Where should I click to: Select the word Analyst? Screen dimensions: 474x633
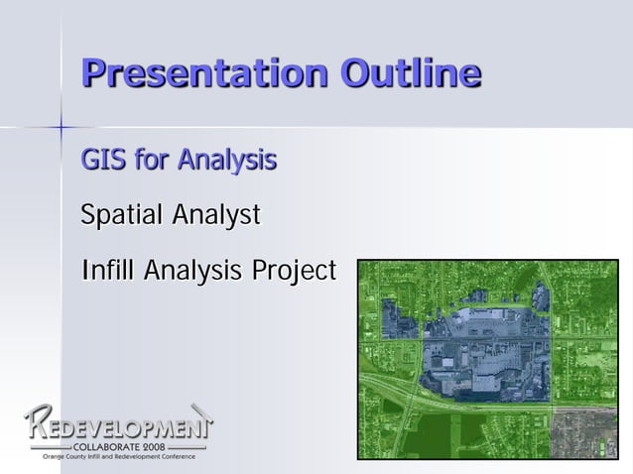point(216,214)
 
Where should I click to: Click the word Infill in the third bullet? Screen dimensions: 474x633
point(108,270)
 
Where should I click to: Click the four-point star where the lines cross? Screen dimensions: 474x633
point(61,127)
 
